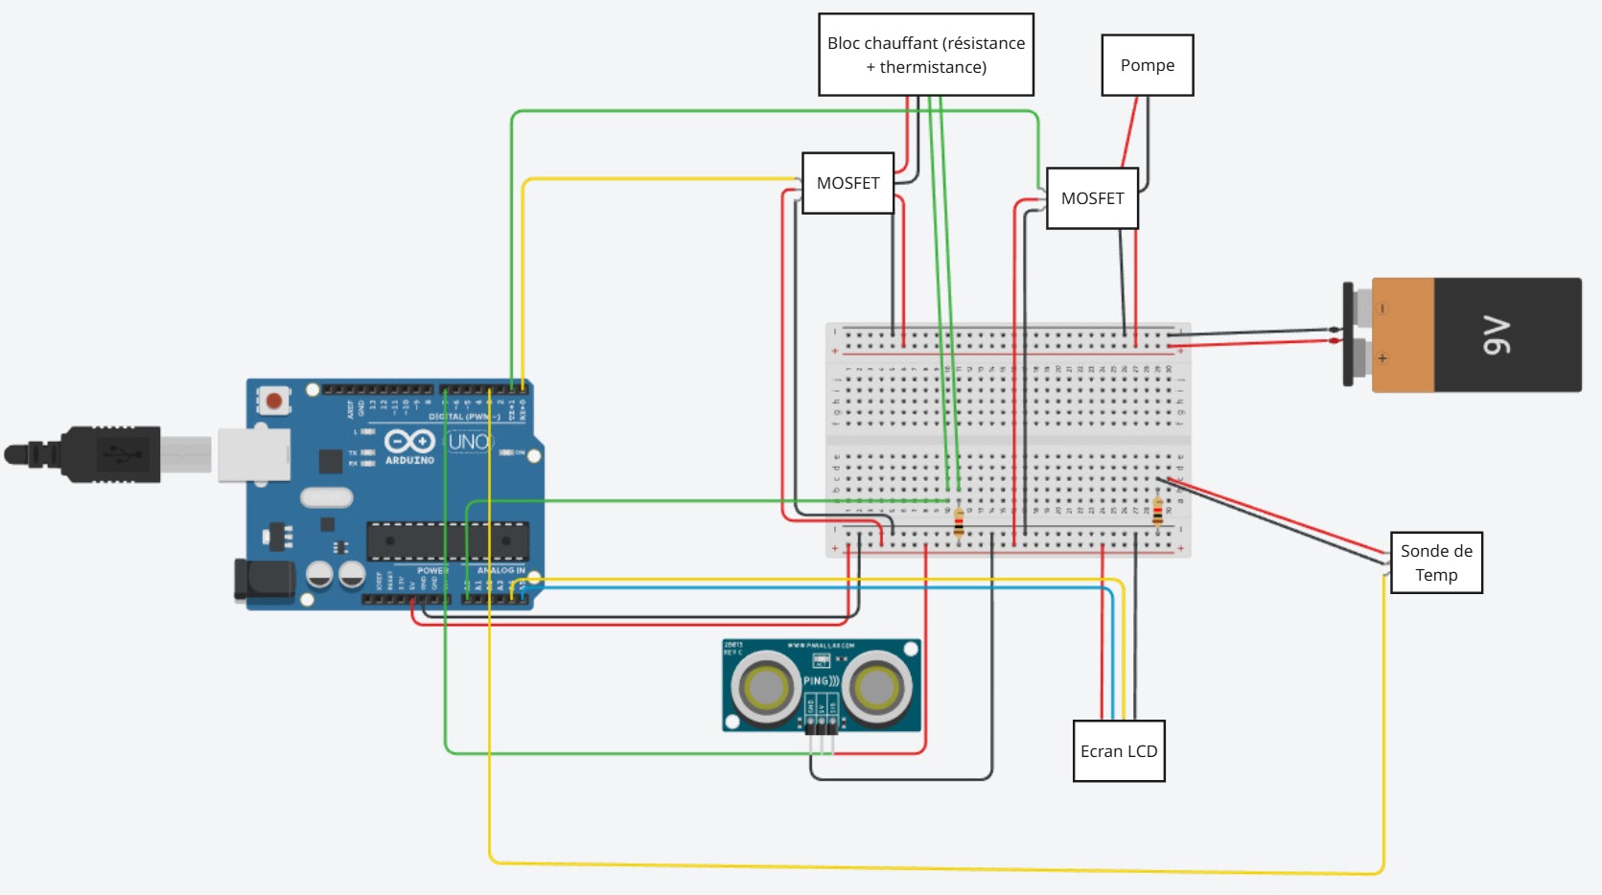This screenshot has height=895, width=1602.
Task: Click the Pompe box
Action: [x=1147, y=65]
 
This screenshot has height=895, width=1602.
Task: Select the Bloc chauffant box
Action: [x=925, y=55]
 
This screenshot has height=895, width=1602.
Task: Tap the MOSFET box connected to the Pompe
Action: [x=1092, y=198]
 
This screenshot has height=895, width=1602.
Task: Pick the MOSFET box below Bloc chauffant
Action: [x=847, y=183]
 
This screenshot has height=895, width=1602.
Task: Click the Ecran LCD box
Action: [x=1118, y=751]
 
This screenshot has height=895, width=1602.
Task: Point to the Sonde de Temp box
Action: [x=1435, y=562]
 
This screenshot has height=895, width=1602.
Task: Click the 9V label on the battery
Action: [x=1497, y=335]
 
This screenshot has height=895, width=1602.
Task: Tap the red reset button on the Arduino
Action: [x=274, y=400]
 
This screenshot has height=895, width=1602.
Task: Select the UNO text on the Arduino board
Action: [x=469, y=442]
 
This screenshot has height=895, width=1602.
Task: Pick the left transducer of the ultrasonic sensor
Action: [x=765, y=686]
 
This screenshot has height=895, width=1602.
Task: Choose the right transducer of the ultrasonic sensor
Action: [x=876, y=686]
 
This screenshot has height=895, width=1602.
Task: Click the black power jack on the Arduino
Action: [x=265, y=581]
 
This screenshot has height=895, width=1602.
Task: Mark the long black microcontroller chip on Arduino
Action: [x=447, y=541]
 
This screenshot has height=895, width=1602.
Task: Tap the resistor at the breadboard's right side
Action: [x=1157, y=512]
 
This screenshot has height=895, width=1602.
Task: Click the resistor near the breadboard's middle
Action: [x=959, y=521]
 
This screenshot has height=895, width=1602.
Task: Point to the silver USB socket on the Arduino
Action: [x=253, y=453]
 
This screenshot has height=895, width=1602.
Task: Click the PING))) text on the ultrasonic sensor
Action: [x=821, y=680]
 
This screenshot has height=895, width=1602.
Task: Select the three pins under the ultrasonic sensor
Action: [x=821, y=725]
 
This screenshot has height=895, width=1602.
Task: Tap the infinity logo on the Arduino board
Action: [x=409, y=442]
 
